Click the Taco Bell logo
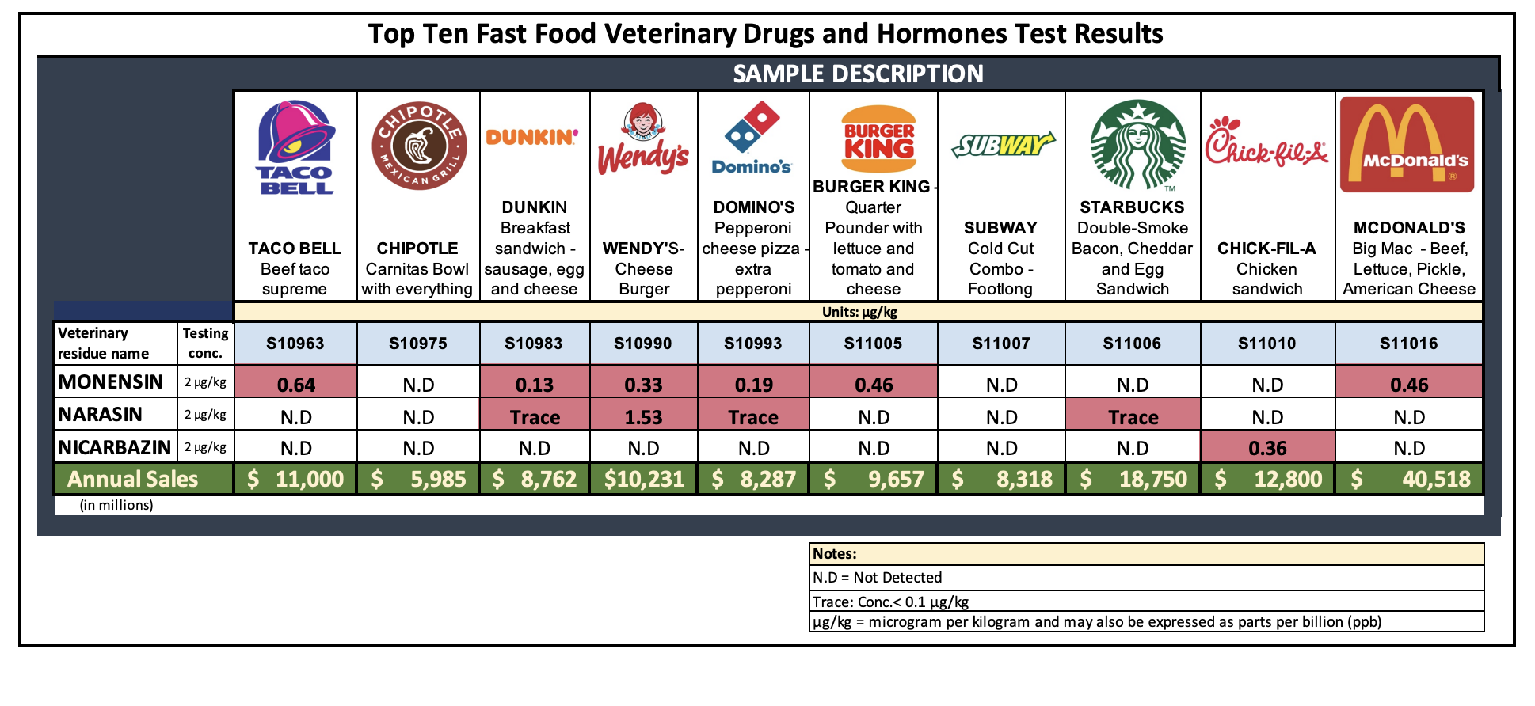295,147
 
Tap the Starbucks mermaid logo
1137,145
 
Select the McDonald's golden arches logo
1407,145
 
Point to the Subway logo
1002,145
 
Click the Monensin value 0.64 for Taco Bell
296,385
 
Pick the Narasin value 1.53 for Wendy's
643,417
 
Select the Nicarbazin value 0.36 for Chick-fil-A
1267,448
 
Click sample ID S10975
417,344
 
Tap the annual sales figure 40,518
1435,479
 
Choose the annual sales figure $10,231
644,479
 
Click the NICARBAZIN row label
115,447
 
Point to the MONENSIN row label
111,382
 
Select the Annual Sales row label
133,479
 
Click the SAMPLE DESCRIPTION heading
858,74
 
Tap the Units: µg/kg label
859,312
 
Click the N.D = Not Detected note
878,578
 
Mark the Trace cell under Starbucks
1133,417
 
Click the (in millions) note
116,505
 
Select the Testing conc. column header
205,344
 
